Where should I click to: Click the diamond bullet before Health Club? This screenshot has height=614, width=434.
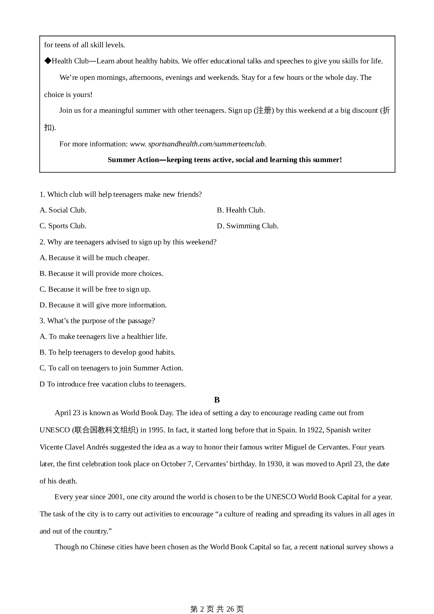[x=48, y=61]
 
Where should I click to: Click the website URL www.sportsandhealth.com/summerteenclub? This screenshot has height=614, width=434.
[x=198, y=144]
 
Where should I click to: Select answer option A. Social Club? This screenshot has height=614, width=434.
[x=63, y=210]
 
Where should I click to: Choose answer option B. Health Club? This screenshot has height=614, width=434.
[x=241, y=210]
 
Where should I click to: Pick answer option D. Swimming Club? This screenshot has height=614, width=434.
[x=247, y=226]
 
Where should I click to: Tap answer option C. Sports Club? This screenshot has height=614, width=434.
[x=63, y=226]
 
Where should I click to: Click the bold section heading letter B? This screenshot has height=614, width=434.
[x=217, y=400]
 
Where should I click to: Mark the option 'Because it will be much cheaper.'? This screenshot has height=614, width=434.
[x=94, y=258]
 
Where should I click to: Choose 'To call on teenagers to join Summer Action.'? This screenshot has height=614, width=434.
[x=111, y=368]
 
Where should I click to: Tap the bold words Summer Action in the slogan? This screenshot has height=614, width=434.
[x=133, y=160]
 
